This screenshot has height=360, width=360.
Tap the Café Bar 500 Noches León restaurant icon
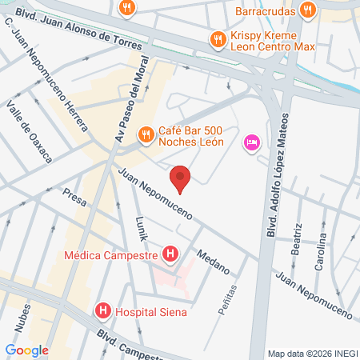[x=145, y=134]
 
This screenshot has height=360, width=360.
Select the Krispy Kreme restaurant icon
[x=216, y=38]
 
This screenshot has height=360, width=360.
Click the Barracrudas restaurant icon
[x=307, y=10]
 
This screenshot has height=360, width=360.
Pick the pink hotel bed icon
[x=251, y=142]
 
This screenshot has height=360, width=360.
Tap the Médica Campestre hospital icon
[x=170, y=255]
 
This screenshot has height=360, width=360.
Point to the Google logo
[x=26, y=350]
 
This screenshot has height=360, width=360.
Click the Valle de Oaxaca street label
[x=29, y=133]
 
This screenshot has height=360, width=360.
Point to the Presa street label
[x=72, y=198]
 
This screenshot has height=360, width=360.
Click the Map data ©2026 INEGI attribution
[x=313, y=353]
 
